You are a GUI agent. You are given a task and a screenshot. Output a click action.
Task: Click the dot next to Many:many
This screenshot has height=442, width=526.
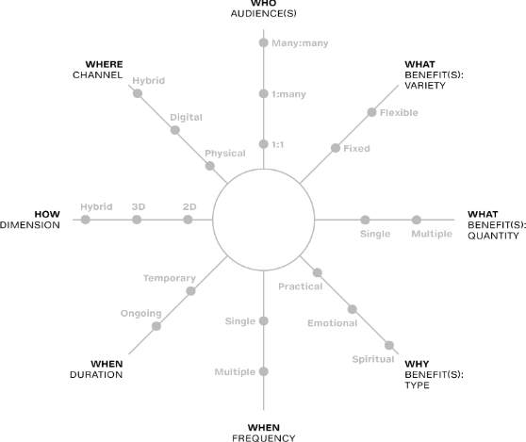264,43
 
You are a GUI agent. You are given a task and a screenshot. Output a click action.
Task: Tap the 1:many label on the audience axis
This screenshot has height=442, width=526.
288,94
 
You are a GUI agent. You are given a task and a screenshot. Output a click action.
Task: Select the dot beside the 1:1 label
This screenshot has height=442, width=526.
264,144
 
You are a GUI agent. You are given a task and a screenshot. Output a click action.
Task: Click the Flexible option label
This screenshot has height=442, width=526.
399,113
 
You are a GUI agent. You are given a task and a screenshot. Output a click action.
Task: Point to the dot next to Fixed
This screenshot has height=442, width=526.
336,148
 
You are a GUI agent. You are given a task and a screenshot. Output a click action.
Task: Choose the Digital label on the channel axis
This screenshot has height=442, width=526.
187,118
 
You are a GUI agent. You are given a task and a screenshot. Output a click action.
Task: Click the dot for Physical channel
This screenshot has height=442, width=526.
210,166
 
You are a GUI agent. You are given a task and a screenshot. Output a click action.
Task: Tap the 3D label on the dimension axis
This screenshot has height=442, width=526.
139,206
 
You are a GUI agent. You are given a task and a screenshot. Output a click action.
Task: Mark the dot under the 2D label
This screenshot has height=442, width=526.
188,220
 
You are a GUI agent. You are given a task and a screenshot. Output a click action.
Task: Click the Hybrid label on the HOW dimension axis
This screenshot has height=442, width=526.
96,206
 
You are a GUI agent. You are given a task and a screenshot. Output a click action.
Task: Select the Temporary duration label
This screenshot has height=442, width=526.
170,278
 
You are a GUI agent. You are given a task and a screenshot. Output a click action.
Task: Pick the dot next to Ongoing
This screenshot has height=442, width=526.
156,326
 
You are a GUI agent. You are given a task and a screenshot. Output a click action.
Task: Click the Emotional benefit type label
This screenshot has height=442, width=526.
333,323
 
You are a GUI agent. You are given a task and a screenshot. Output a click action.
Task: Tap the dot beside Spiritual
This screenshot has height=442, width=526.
389,345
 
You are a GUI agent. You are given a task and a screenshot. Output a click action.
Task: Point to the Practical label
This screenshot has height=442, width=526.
301,286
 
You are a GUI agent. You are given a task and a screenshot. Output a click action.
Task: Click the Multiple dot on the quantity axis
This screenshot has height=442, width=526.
417,220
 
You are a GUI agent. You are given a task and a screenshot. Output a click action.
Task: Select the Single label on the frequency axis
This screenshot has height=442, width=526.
240,321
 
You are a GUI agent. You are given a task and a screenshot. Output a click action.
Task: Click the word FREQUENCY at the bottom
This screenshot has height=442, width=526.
264,438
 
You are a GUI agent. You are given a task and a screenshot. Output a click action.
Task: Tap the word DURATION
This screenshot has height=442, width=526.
96,374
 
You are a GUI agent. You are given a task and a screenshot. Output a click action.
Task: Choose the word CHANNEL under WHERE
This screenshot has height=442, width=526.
98,74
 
